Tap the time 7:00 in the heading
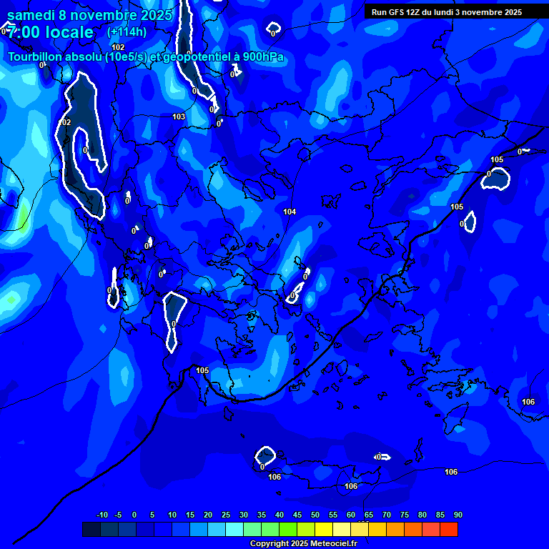point(24,32)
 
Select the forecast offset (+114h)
point(127,31)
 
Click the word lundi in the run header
point(444,12)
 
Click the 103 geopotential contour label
point(179,117)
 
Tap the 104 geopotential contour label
point(290,212)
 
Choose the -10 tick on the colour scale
point(102,515)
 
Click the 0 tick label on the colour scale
point(134,515)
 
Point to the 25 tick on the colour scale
point(226,515)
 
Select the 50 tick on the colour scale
point(315,515)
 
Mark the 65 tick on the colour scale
point(369,515)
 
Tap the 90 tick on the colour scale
point(458,515)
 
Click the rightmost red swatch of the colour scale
point(449,529)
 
